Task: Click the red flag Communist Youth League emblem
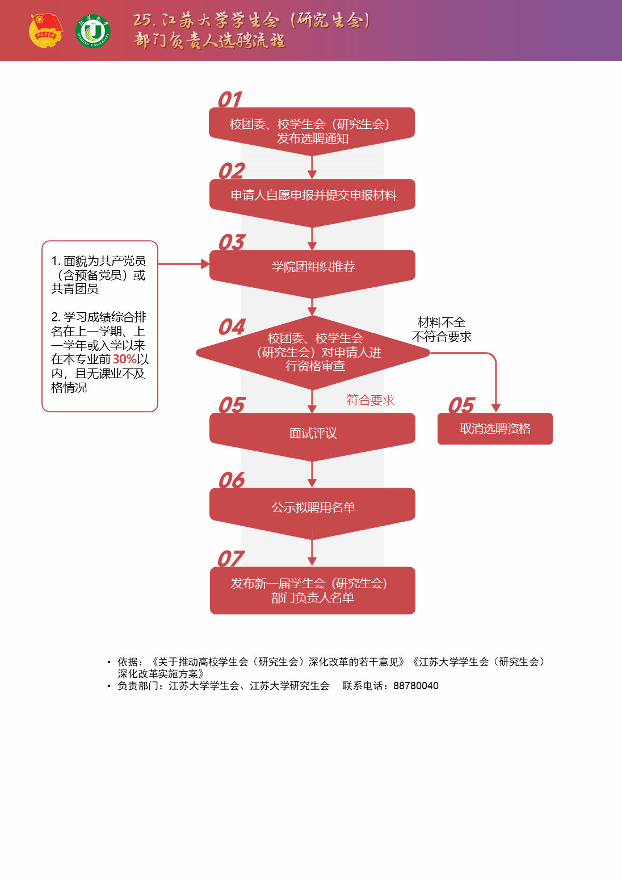click(x=45, y=31)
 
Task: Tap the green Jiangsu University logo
click(x=93, y=32)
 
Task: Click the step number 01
click(x=230, y=100)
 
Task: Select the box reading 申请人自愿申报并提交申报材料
click(x=312, y=196)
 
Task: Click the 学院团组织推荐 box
click(x=312, y=267)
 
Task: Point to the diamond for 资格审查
click(x=313, y=353)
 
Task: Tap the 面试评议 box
click(x=312, y=433)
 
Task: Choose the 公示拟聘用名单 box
click(x=312, y=508)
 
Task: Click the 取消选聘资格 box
click(x=495, y=429)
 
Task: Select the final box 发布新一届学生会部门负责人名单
click(x=312, y=590)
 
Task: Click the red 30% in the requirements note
click(x=124, y=359)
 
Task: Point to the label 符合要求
click(x=370, y=400)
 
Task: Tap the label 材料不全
click(x=442, y=322)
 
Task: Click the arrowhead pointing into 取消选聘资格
click(x=495, y=408)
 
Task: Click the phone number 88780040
click(x=415, y=686)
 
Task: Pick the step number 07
click(x=230, y=559)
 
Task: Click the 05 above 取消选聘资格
click(x=461, y=406)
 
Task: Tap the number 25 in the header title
click(x=142, y=20)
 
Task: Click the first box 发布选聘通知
click(x=312, y=131)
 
